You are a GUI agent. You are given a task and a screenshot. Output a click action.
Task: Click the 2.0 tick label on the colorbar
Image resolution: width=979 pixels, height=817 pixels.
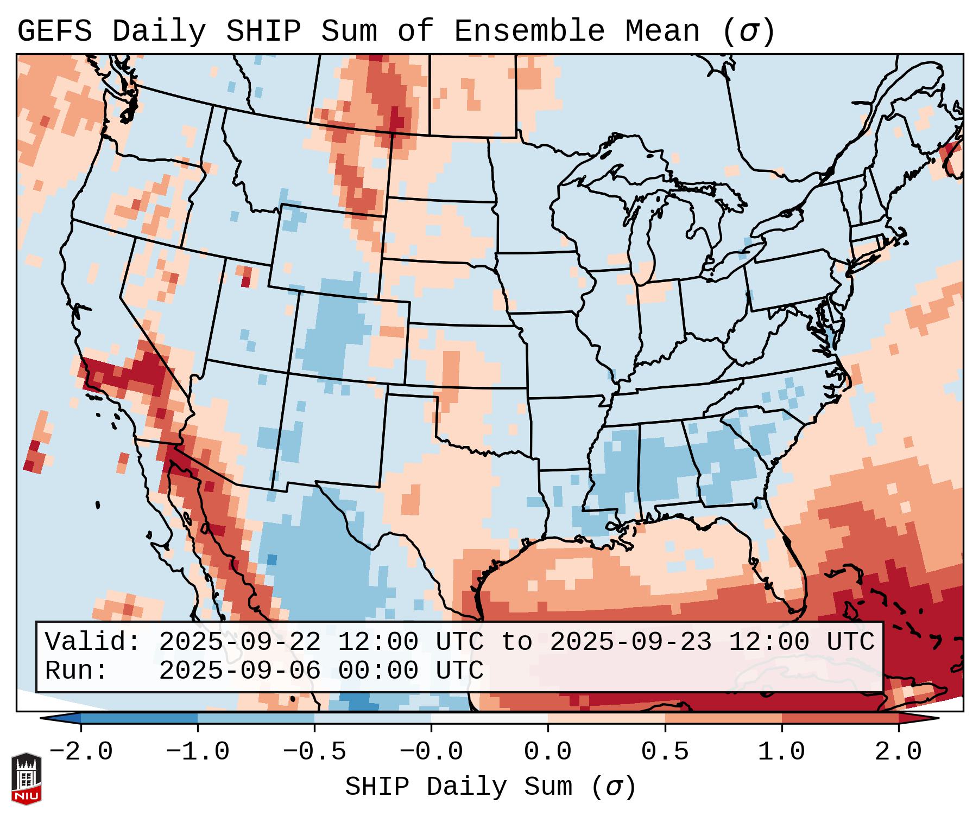pos(898,751)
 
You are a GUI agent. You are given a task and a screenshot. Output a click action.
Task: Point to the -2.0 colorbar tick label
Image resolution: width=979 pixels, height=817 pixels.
pos(80,751)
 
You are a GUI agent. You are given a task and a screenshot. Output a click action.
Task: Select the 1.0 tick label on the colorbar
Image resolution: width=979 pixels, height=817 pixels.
pos(781,751)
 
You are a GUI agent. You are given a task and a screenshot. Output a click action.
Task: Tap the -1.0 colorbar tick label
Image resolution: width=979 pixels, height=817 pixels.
pos(197,751)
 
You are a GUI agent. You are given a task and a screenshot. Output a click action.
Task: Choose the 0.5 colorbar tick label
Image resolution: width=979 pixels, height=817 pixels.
pos(665,751)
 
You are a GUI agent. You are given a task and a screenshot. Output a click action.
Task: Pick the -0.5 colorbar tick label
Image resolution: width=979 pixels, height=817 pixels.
pos(314,751)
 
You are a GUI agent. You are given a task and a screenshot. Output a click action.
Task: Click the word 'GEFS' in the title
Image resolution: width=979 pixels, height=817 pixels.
pos(54,31)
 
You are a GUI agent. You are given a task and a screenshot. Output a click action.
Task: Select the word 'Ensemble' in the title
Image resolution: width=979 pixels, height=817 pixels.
pos(529,31)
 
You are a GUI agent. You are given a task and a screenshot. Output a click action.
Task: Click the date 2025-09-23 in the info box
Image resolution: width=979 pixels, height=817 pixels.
pos(630,642)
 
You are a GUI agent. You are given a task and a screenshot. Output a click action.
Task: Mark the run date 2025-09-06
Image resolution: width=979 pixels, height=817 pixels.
pos(239,671)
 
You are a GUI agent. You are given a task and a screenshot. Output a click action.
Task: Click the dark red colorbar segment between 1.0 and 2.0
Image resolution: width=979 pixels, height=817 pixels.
pos(839,718)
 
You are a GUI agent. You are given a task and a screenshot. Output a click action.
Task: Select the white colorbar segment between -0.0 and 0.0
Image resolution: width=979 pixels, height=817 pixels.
pos(489,718)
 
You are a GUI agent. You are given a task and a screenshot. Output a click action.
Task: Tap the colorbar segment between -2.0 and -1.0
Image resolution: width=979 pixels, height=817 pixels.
pos(139,718)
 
